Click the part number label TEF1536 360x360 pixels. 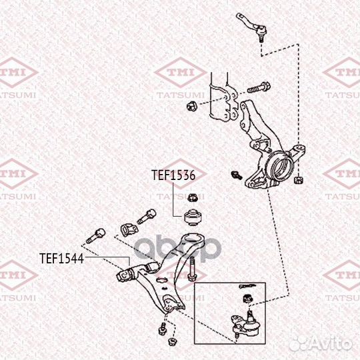point(173,175)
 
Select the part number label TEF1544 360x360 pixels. point(61,258)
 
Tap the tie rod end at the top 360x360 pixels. point(252,27)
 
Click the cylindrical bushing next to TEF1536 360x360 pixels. point(193,217)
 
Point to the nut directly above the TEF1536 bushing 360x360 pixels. point(193,198)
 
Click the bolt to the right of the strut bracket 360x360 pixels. point(259,88)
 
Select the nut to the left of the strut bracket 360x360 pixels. point(191,107)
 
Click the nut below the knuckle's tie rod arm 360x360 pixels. point(298,179)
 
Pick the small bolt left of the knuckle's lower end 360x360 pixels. point(237,175)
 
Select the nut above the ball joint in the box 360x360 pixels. point(247,299)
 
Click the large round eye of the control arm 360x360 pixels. point(193,239)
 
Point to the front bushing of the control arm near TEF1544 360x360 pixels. point(125,275)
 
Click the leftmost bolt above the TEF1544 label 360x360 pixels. point(96,235)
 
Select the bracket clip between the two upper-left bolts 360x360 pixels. point(129,230)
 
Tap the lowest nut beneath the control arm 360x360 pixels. point(172,342)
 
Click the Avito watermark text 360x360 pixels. point(321,344)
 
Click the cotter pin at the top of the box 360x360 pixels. point(247,286)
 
